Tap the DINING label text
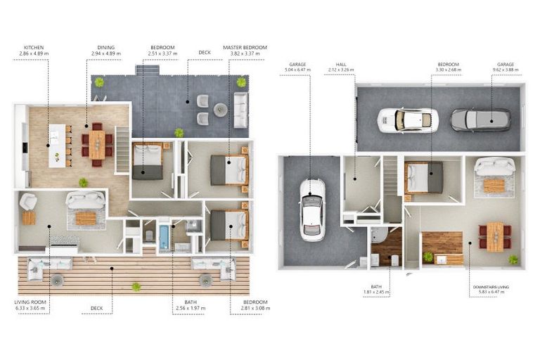(105, 47)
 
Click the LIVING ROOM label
(30, 302)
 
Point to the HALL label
(341, 64)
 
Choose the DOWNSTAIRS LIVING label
(491, 288)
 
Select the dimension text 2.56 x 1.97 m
(186, 308)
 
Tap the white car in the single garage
(312, 210)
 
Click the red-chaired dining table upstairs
(96, 144)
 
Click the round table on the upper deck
(220, 109)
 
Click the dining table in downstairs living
(496, 235)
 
